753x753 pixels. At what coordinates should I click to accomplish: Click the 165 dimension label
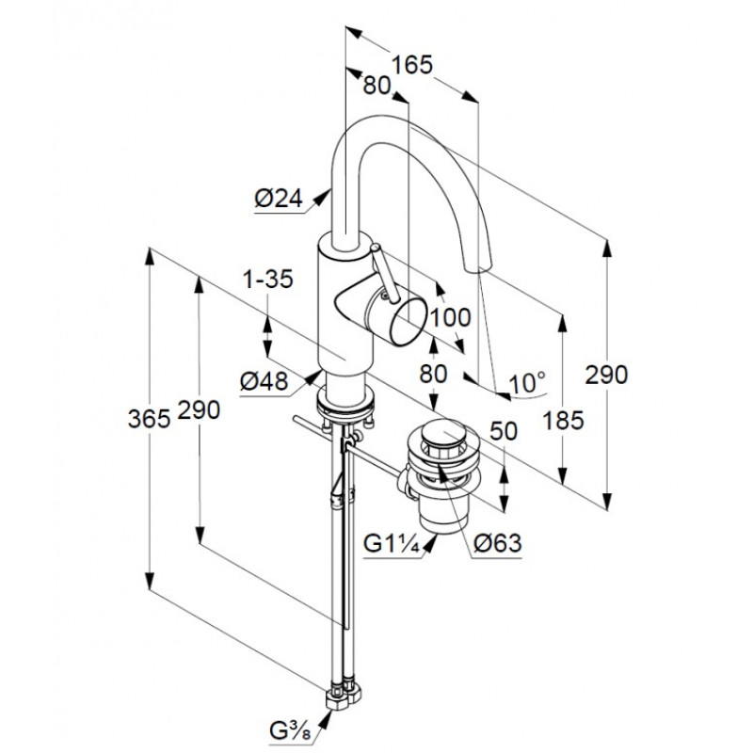(412, 64)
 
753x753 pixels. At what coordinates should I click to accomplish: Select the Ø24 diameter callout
(279, 198)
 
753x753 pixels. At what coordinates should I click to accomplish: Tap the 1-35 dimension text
(268, 279)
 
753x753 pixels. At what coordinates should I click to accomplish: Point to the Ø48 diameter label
(264, 382)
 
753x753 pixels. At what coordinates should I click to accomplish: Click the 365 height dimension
(150, 419)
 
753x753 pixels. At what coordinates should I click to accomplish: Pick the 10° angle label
(527, 383)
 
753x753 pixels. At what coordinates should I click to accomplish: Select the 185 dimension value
(563, 421)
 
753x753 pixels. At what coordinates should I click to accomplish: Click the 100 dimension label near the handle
(451, 318)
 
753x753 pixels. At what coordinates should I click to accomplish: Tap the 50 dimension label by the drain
(504, 431)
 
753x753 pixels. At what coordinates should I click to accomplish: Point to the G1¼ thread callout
(392, 544)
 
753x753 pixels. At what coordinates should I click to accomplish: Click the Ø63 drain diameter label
(497, 544)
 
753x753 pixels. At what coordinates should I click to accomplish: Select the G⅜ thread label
(290, 731)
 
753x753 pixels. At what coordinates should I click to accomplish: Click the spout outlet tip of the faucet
(478, 265)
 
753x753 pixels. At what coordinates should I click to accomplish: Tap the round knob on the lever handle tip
(375, 248)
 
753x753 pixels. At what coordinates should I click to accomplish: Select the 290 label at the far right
(606, 375)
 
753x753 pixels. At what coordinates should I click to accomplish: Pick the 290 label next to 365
(199, 409)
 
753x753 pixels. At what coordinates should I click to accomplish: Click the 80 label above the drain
(433, 373)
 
